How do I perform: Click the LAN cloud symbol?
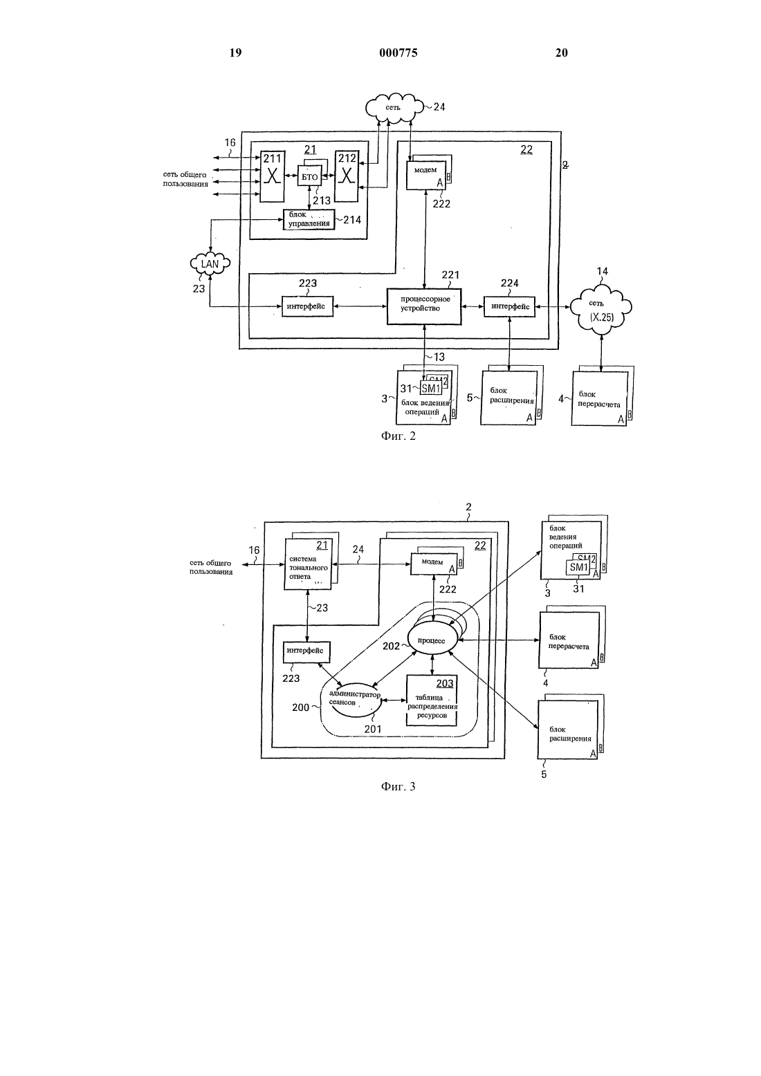click(210, 263)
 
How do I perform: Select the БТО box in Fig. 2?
click(309, 177)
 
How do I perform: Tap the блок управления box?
click(309, 219)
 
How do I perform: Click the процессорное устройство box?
click(424, 306)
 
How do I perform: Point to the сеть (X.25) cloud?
click(600, 309)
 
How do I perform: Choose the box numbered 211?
click(272, 176)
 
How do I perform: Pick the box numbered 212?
click(347, 176)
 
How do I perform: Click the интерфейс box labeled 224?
click(509, 306)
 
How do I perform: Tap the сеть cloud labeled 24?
click(394, 108)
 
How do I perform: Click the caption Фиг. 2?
click(398, 436)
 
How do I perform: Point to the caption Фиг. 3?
click(398, 786)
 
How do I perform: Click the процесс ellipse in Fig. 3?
click(432, 640)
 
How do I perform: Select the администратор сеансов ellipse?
click(354, 699)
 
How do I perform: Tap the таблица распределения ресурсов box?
click(432, 701)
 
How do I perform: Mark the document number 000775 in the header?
click(398, 53)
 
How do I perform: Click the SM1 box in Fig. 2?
click(431, 388)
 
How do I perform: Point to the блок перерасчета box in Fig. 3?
click(569, 640)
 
